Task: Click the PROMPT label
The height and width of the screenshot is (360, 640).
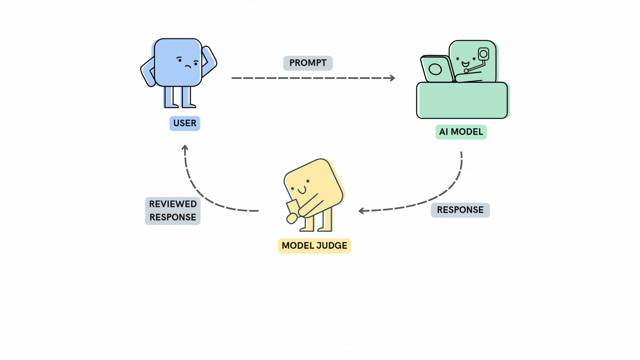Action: [x=308, y=63]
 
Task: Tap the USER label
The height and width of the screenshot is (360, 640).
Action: [x=185, y=123]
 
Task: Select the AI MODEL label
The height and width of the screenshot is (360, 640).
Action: [x=461, y=132]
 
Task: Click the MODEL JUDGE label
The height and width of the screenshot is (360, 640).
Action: [x=314, y=246]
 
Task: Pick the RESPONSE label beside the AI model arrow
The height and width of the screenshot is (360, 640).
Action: [x=460, y=210]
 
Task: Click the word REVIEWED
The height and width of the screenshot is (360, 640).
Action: [x=173, y=204]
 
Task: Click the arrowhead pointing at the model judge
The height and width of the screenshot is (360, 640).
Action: [x=361, y=211]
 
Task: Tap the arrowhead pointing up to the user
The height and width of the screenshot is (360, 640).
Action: [x=185, y=147]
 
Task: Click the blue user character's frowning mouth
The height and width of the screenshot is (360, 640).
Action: [x=188, y=66]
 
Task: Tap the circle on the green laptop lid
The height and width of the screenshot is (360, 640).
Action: [x=435, y=69]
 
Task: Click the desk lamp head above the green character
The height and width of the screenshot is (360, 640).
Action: [x=483, y=54]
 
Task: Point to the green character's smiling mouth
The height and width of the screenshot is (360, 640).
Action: [x=465, y=64]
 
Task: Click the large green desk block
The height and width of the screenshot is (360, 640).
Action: [x=462, y=100]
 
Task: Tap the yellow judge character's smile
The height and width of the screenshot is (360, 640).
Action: [x=302, y=191]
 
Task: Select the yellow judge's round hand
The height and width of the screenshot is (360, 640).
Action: [x=292, y=219]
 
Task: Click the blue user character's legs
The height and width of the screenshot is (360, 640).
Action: [x=178, y=97]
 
